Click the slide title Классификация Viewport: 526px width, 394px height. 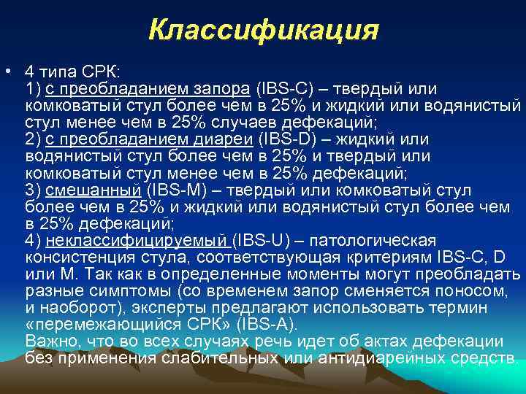click(263, 31)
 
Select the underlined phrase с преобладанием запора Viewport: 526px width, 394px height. click(148, 89)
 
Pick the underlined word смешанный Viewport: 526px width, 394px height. click(94, 190)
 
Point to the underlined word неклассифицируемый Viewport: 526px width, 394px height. click(137, 241)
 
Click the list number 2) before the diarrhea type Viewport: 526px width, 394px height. click(33, 139)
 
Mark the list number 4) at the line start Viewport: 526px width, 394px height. click(33, 241)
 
